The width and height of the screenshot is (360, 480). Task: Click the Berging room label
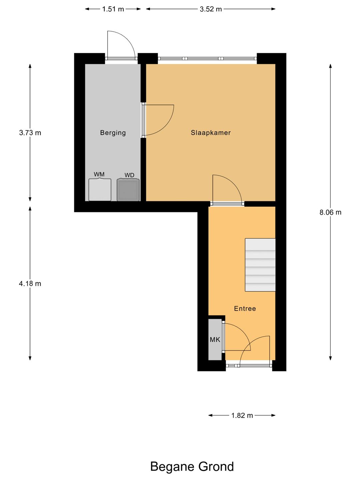coord(113,133)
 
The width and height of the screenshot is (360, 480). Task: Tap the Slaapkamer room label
coord(211,133)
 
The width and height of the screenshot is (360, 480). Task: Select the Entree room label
coord(245,309)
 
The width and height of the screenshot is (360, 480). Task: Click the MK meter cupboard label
coord(215,340)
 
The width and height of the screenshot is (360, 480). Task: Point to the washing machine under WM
coord(100,190)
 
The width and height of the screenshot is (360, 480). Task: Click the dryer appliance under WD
coord(128,190)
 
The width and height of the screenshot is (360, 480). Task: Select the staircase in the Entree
coord(260,265)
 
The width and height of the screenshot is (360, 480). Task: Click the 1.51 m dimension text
coord(113,9)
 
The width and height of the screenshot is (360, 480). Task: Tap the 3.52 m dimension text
coord(211,9)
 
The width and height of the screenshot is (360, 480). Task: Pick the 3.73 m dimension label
coord(30,133)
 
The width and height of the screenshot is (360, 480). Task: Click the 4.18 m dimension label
coord(30,284)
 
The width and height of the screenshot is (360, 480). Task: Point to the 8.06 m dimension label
coord(330,212)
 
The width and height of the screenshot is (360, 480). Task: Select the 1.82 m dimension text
coord(242,415)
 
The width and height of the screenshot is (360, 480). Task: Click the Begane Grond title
coord(192,466)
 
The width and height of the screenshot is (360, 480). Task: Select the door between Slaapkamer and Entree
coord(227,190)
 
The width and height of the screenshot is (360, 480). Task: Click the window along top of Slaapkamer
coord(207,58)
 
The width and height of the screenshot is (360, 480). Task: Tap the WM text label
coord(99,174)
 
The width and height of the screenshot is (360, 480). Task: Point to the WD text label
coord(129,175)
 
